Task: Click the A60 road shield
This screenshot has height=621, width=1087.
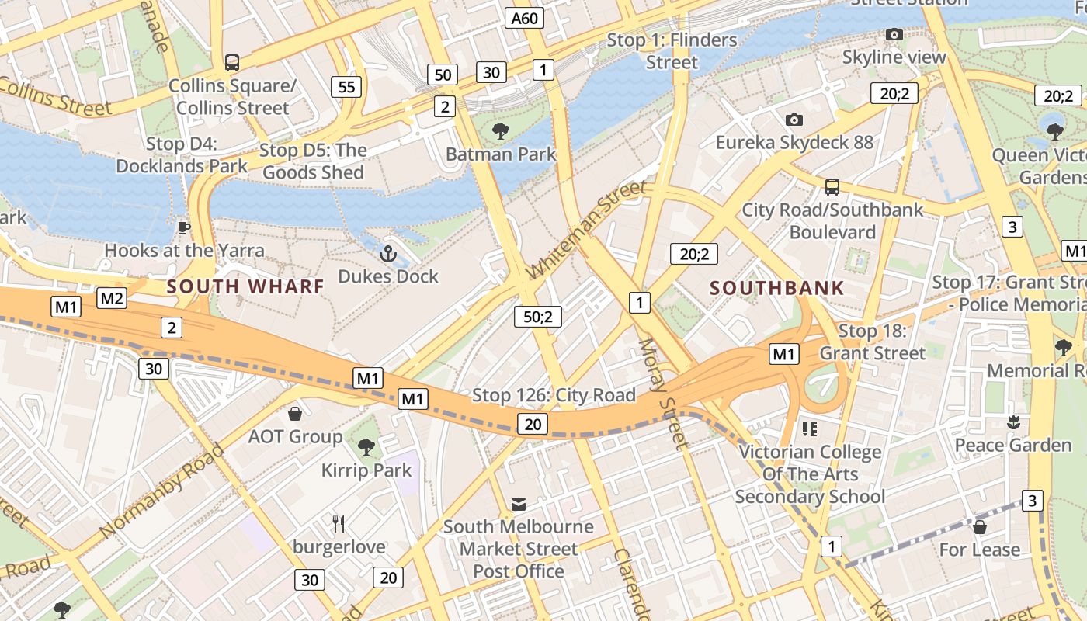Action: click(524, 18)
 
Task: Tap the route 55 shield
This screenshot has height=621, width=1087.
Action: click(346, 87)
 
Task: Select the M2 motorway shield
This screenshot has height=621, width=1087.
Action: click(112, 298)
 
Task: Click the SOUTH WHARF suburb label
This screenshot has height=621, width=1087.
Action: click(245, 286)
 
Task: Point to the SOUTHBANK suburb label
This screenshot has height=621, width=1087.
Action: click(776, 288)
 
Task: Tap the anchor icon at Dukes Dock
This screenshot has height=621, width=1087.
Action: click(387, 254)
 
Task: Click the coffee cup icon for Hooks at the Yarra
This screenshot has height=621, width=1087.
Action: click(183, 227)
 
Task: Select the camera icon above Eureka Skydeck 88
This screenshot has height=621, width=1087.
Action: click(794, 120)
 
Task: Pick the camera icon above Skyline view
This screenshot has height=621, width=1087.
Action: click(894, 35)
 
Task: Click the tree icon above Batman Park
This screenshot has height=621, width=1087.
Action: click(501, 131)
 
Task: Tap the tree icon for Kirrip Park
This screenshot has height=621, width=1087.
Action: click(366, 447)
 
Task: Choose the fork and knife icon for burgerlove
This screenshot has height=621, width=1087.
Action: click(339, 524)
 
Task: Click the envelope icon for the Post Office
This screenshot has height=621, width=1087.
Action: click(518, 505)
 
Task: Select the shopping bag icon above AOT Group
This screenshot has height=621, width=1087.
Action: click(295, 413)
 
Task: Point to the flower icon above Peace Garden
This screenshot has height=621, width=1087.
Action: click(1012, 422)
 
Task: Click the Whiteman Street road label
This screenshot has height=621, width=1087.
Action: click(586, 231)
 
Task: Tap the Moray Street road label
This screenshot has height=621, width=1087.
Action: click(662, 394)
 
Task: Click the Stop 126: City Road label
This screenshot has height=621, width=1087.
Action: click(554, 395)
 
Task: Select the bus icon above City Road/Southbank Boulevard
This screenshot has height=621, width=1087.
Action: click(832, 187)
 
